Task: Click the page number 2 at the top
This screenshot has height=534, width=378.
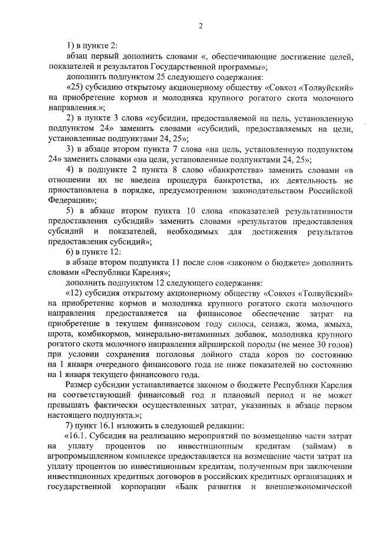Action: pos(201,26)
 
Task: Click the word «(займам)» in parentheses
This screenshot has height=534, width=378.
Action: pos(319,449)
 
